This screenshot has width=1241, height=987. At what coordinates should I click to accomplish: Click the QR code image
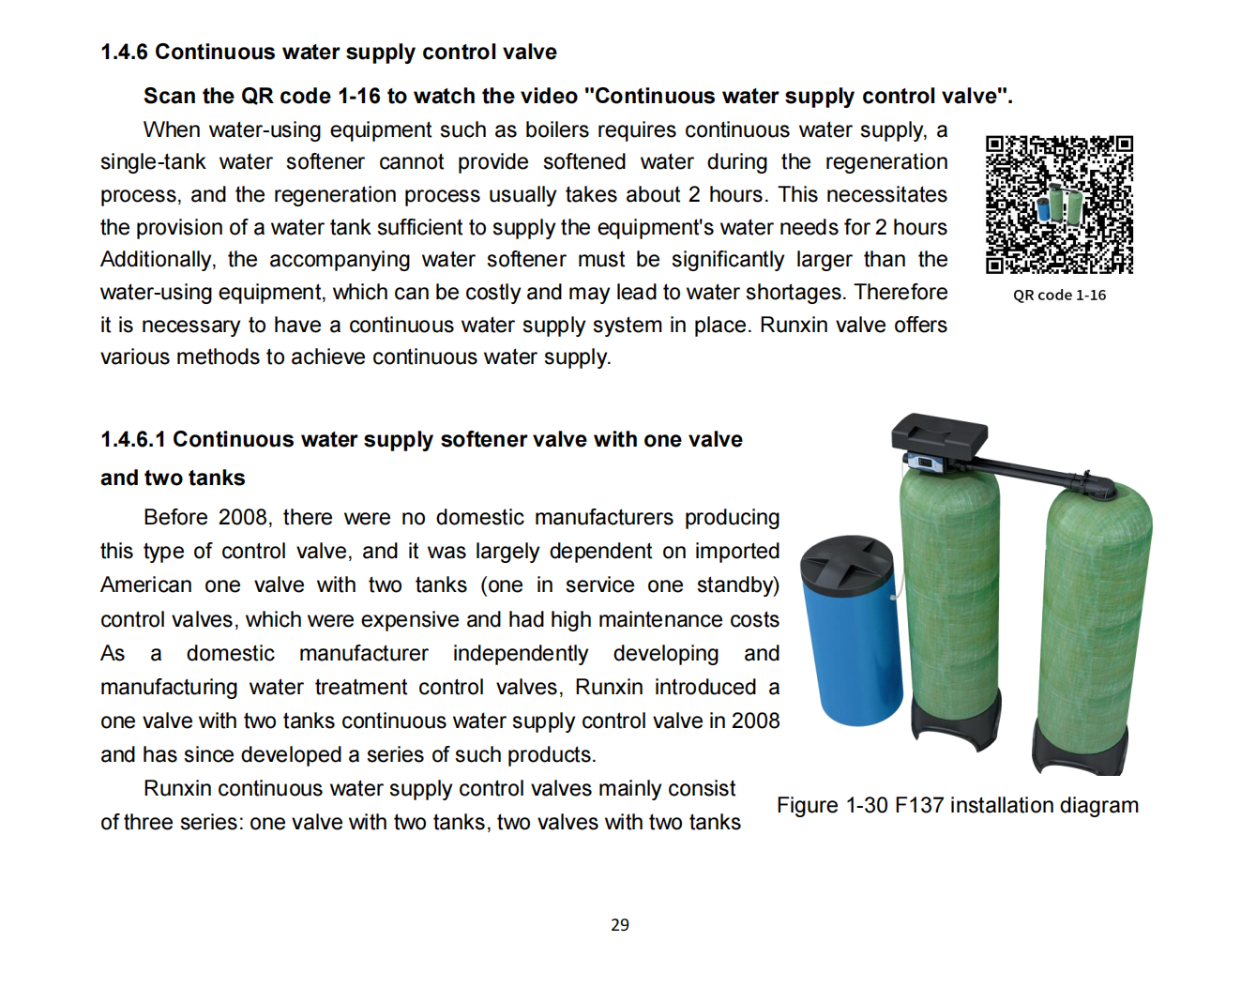pos(1059,205)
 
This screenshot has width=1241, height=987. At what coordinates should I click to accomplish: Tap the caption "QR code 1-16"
pos(1059,295)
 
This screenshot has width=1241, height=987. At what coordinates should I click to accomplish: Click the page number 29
pos(620,925)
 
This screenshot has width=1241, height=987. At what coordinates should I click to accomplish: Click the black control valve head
pos(939,434)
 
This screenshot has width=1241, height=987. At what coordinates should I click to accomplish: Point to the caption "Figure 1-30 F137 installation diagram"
pos(958,805)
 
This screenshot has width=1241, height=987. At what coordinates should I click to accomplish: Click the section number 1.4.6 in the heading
pos(124,52)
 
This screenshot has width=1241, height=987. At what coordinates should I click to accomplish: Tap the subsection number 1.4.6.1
pos(132,439)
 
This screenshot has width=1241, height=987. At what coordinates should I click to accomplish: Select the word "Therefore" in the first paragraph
pos(900,292)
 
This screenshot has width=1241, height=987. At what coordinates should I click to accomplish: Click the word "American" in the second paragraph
pos(145,585)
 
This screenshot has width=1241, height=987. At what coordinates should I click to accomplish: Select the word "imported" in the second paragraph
pos(736,551)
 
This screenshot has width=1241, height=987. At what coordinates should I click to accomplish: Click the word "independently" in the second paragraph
pos(520,653)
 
